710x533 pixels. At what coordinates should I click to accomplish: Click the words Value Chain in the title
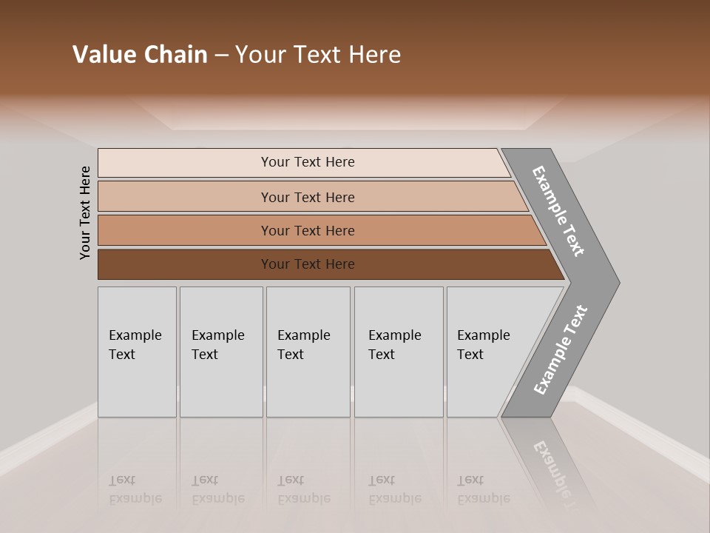click(140, 55)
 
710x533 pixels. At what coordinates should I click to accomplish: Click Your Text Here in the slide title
click(318, 55)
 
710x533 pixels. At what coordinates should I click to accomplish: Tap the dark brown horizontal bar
click(185, 264)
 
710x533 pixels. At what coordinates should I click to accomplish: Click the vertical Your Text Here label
click(85, 213)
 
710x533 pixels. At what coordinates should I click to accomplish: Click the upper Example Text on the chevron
click(558, 211)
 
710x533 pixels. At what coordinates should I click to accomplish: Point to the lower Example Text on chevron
click(561, 350)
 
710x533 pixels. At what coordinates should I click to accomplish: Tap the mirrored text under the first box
click(135, 490)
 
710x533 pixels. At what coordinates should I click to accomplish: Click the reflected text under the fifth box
click(483, 490)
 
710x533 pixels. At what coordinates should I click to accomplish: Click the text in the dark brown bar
click(308, 264)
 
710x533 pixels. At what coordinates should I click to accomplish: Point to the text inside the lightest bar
click(308, 162)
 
